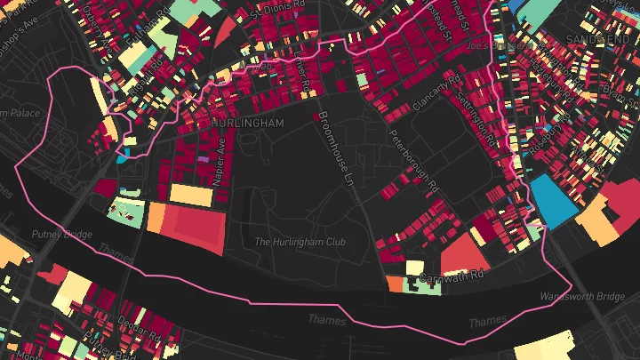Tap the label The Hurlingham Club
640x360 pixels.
point(300,242)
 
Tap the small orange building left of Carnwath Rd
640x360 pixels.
point(395,284)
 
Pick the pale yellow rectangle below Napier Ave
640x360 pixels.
point(191,195)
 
